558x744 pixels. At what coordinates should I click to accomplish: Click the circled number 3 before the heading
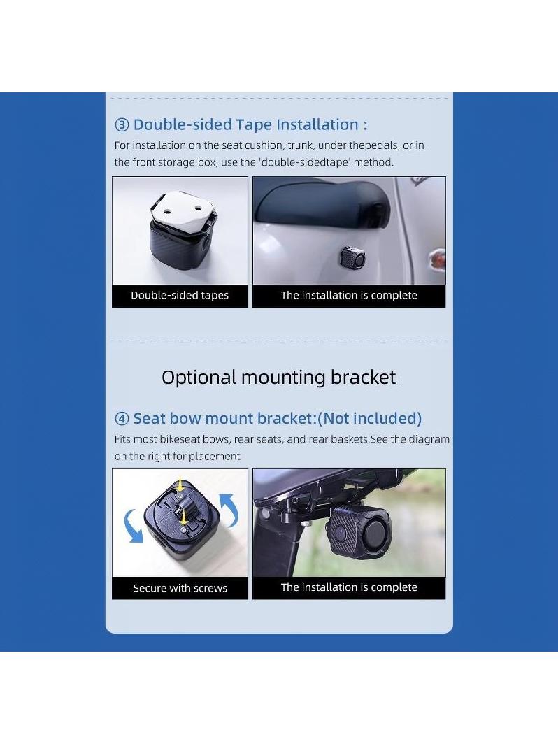(122, 124)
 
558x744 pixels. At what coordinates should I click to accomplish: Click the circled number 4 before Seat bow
(122, 418)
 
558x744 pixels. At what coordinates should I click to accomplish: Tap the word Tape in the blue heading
(254, 124)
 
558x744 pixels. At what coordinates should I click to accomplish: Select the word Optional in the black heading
(199, 378)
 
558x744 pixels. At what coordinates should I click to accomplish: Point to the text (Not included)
(369, 418)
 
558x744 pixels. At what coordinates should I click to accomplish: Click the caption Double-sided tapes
(180, 295)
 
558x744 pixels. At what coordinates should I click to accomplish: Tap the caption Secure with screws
(180, 588)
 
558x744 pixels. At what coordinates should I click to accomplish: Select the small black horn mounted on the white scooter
(352, 257)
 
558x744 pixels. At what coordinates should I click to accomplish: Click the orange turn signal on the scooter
(436, 259)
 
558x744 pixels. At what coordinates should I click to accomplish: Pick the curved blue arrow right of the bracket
(229, 510)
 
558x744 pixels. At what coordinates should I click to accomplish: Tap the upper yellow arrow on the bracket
(180, 487)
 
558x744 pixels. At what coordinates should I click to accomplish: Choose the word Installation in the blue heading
(317, 124)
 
